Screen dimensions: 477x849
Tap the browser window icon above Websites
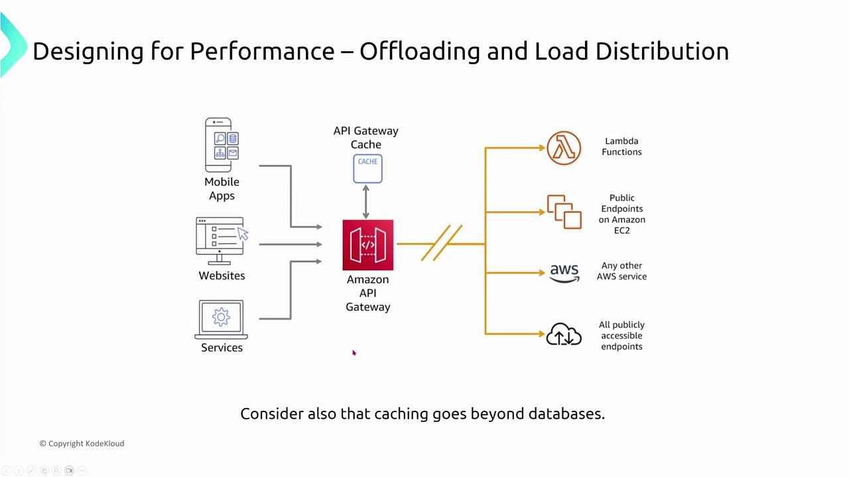coord(220,237)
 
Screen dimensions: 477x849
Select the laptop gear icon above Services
coord(222,319)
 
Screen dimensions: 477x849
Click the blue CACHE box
coord(367,168)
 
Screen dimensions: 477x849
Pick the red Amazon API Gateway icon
coord(367,245)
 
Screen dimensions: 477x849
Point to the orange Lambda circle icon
coord(564,148)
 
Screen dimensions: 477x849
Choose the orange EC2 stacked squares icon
coord(564,212)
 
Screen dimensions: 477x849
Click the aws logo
coord(564,273)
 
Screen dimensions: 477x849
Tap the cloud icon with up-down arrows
coord(564,335)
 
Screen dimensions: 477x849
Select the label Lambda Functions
coord(621,146)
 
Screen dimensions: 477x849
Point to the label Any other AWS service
coord(621,271)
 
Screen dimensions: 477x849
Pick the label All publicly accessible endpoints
coord(621,335)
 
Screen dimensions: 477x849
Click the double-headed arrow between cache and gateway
coord(365,201)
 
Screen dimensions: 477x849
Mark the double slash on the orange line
coord(441,243)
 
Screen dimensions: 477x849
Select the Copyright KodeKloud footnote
coord(82,443)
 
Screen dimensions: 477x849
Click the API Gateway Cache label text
coord(366,138)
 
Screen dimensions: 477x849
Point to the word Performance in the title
coord(263,51)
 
